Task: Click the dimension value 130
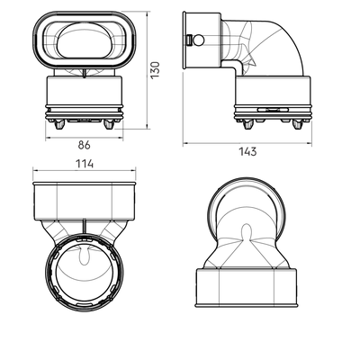155,70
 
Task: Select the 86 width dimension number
85,145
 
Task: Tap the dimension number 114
85,164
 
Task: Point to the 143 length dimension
247,151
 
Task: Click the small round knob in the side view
199,40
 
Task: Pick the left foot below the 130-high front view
59,124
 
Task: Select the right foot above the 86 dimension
109,124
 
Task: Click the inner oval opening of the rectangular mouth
84,40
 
